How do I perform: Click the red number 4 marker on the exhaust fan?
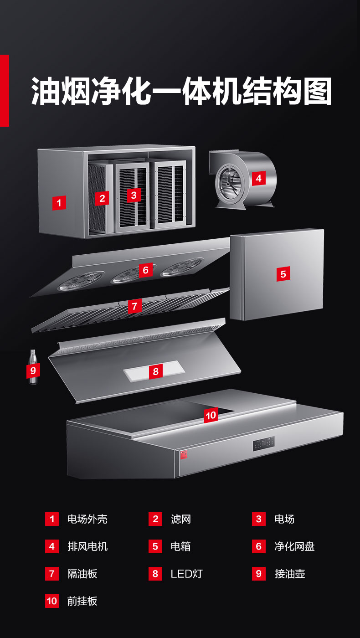pyautogui.click(x=259, y=178)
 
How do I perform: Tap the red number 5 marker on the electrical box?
pyautogui.click(x=283, y=274)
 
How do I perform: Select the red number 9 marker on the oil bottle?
pyautogui.click(x=33, y=370)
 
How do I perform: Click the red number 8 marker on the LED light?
pyautogui.click(x=155, y=371)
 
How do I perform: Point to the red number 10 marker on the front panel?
pyautogui.click(x=211, y=416)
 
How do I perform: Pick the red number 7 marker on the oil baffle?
pyautogui.click(x=134, y=306)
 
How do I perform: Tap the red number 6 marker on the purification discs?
pyautogui.click(x=145, y=270)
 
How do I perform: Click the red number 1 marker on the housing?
pyautogui.click(x=59, y=203)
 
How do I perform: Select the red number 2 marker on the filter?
pyautogui.click(x=102, y=198)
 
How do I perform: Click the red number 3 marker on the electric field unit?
pyautogui.click(x=134, y=195)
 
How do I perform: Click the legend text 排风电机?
pyautogui.click(x=87, y=546)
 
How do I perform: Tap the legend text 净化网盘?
pyautogui.click(x=294, y=546)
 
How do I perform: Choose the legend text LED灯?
pyautogui.click(x=186, y=574)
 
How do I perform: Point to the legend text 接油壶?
pyautogui.click(x=290, y=574)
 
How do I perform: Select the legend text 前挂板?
pyautogui.click(x=82, y=601)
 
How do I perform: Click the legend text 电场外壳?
pyautogui.click(x=87, y=519)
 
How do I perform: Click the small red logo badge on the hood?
pyautogui.click(x=184, y=455)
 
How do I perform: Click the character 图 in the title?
pyautogui.click(x=317, y=91)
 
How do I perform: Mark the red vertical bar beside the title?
pyautogui.click(x=5, y=91)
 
